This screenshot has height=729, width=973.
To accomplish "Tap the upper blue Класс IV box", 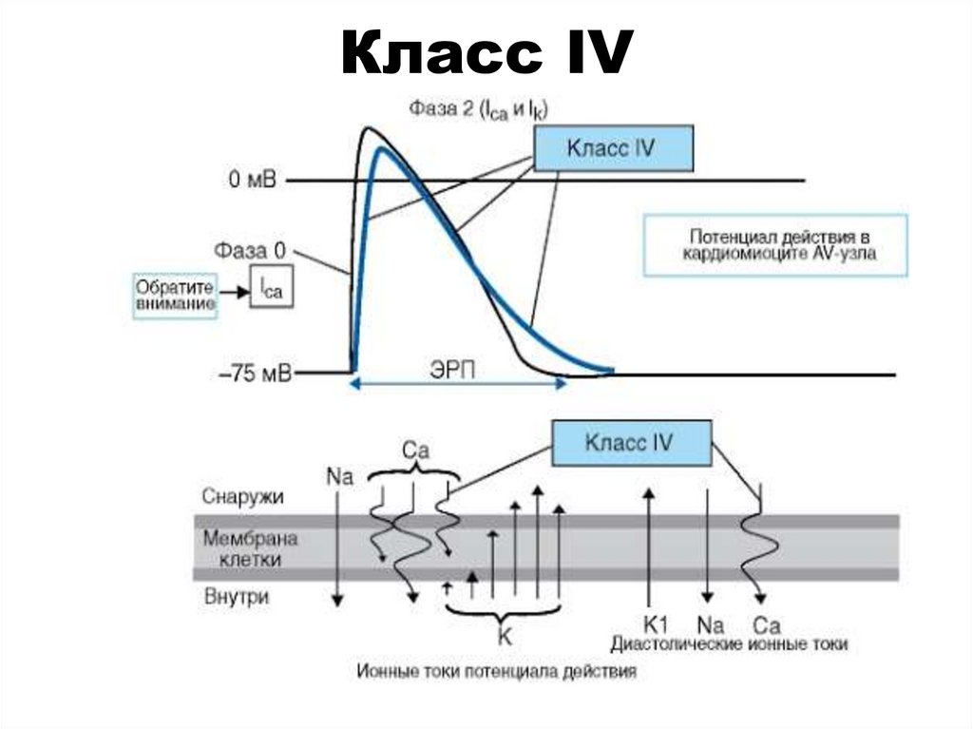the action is pyautogui.click(x=613, y=149).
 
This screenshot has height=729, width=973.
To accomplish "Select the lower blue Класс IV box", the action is pyautogui.click(x=631, y=443).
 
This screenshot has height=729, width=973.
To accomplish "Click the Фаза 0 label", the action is pyautogui.click(x=249, y=252).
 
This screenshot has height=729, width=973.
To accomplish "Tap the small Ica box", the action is pyautogui.click(x=271, y=288).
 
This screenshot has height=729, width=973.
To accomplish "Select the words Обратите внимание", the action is pyautogui.click(x=174, y=294).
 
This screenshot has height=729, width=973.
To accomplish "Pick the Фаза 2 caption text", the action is pyautogui.click(x=479, y=110).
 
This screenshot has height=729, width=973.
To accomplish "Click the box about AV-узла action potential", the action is pyautogui.click(x=774, y=244).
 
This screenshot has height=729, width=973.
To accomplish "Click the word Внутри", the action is pyautogui.click(x=237, y=598).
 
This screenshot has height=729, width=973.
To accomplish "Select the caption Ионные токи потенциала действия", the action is pyautogui.click(x=497, y=671).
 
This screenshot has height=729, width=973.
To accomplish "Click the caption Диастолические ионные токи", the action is pyautogui.click(x=729, y=644).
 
